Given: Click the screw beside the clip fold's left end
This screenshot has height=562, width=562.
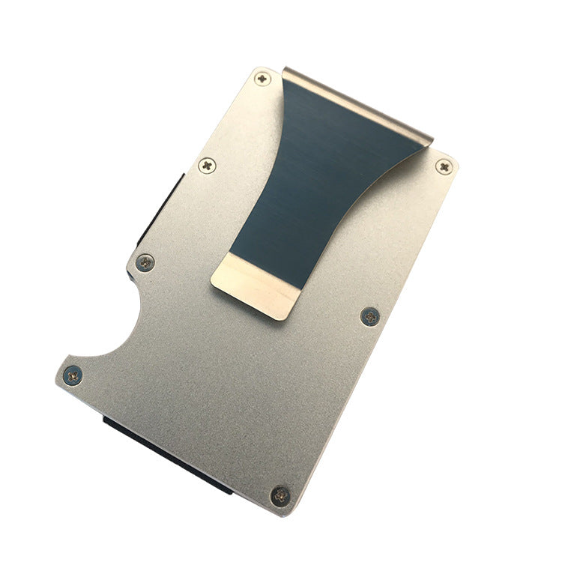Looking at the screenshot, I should pyautogui.click(x=261, y=77).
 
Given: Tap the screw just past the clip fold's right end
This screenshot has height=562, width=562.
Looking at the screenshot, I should pyautogui.click(x=444, y=166).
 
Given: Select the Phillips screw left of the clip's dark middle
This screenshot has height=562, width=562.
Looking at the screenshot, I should pyautogui.click(x=208, y=164).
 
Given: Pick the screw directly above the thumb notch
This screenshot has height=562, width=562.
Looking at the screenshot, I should pyautogui.click(x=145, y=262).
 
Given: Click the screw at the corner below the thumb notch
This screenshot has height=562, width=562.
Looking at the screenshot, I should pyautogui.click(x=73, y=374).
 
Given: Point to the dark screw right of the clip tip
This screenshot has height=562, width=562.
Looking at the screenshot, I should pyautogui.click(x=369, y=316).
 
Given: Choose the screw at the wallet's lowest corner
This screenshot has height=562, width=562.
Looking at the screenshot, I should pyautogui.click(x=280, y=495).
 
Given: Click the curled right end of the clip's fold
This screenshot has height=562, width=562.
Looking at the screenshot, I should pyautogui.click(x=428, y=135).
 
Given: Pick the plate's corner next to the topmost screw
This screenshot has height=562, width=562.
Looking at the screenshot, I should pyautogui.click(x=255, y=69).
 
